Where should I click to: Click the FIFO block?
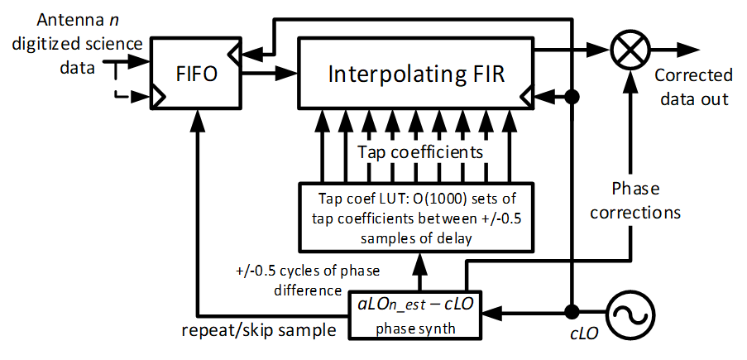[x=197, y=73]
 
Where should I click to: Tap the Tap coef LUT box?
[x=416, y=217]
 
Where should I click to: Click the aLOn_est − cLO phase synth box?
[x=415, y=314]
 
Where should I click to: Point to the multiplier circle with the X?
[x=630, y=49]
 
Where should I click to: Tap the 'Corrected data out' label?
[x=693, y=87]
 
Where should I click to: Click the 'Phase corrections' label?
[x=635, y=199]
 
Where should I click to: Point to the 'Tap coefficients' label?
[x=421, y=152]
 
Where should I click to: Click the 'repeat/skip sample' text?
[x=259, y=329]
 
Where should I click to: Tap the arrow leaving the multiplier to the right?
[x=674, y=49]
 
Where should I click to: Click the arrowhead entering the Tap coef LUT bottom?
[x=419, y=261]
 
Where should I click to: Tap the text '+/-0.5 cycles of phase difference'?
[x=308, y=281]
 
